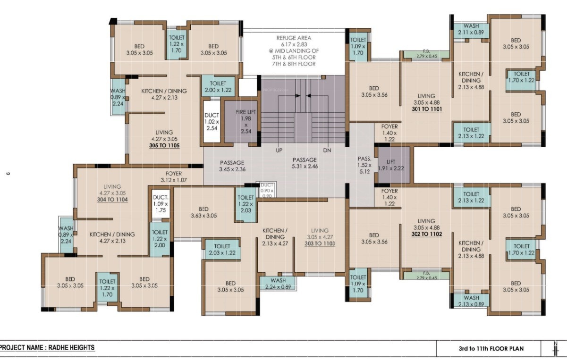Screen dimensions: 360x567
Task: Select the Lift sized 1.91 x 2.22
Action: click(392, 165)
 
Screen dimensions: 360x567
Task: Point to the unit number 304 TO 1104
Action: click(112, 200)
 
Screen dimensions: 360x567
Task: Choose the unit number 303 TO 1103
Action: click(320, 243)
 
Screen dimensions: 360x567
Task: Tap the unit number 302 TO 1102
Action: click(426, 234)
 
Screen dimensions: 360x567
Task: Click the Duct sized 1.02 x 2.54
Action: click(212, 121)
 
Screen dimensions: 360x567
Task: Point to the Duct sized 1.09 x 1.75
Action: click(161, 205)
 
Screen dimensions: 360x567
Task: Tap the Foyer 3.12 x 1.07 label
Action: click(174, 176)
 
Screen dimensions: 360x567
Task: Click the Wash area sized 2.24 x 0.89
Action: click(278, 283)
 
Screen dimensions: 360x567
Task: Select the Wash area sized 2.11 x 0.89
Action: click(471, 29)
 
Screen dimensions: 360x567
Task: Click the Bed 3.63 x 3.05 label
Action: click(203, 212)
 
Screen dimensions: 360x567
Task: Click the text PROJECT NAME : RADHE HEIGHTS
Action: click(47, 348)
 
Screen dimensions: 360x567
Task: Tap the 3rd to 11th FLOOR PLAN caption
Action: click(487, 350)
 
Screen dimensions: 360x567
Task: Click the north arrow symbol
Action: click(555, 349)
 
